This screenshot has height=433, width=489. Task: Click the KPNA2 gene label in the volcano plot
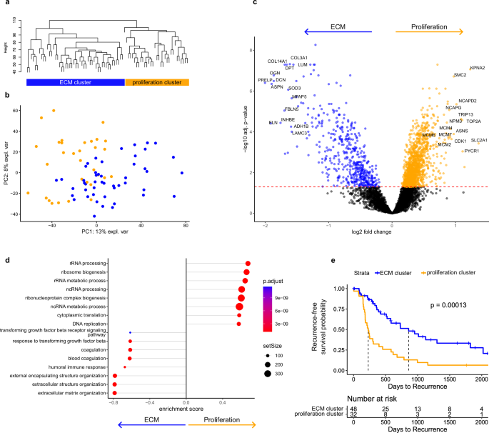477,68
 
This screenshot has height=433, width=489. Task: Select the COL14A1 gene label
277,61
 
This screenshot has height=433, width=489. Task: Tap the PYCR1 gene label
471,151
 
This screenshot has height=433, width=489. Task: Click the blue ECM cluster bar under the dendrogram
76,82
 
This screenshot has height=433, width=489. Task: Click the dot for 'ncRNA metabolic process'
239,307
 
